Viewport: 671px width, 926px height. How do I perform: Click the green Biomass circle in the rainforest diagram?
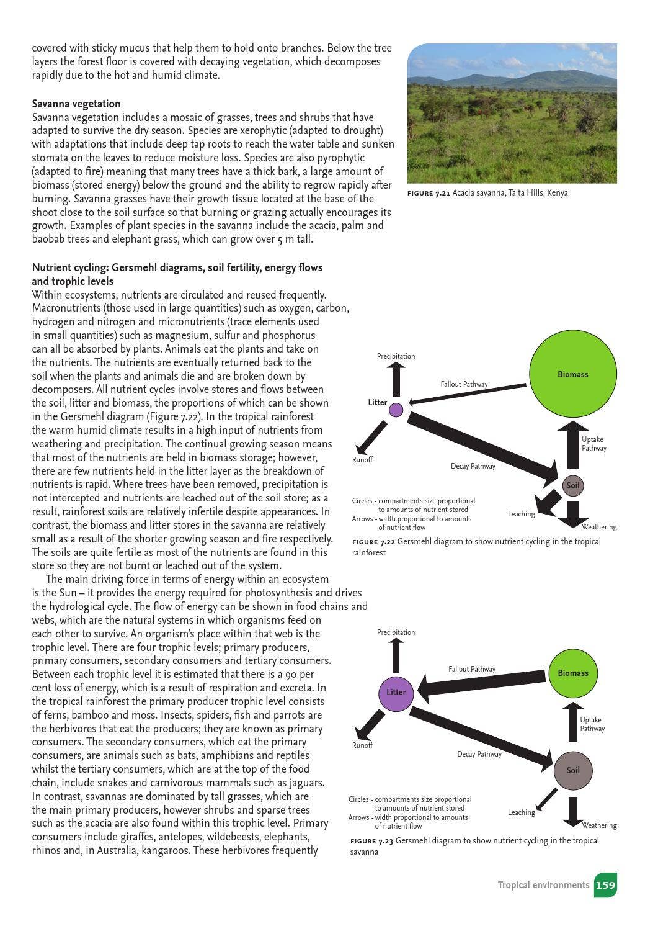[572, 374]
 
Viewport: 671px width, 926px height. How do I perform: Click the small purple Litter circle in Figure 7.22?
[396, 410]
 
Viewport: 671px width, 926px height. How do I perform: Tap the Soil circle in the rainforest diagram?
[572, 485]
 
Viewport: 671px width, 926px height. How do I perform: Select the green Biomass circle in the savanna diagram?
[572, 673]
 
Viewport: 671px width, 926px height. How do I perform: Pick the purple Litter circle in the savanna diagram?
[396, 692]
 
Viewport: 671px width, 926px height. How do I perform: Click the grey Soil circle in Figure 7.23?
[572, 770]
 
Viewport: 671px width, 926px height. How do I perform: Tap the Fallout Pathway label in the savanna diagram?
[472, 669]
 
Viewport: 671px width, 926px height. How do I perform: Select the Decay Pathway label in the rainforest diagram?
[473, 466]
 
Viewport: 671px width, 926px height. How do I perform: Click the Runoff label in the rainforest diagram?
[362, 460]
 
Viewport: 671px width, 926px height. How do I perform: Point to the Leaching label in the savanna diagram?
[521, 812]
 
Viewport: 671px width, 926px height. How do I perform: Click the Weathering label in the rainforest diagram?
[599, 527]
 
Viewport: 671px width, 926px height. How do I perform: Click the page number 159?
[605, 885]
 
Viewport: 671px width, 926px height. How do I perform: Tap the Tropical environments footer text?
[543, 885]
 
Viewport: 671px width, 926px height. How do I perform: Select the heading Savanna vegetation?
[76, 104]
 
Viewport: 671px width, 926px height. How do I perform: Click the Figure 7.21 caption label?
[429, 193]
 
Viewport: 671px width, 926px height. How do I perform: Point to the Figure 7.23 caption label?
[371, 841]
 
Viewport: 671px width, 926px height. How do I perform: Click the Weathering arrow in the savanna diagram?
[572, 811]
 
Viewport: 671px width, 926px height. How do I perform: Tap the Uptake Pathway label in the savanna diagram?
[592, 724]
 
